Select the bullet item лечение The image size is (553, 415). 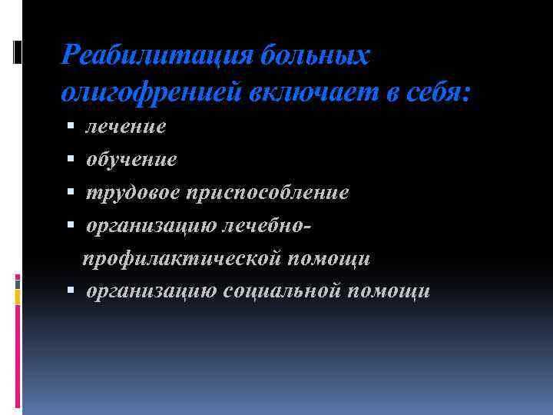click(x=125, y=126)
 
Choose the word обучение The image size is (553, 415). click(x=131, y=159)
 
